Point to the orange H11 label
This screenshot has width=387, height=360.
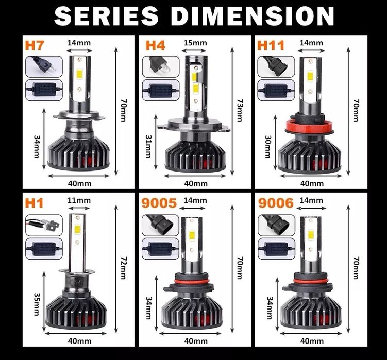pyautogui.click(x=271, y=45)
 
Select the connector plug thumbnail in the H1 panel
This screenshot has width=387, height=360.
pyautogui.click(x=43, y=225)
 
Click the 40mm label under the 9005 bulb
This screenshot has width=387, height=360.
pyautogui.click(x=196, y=340)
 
